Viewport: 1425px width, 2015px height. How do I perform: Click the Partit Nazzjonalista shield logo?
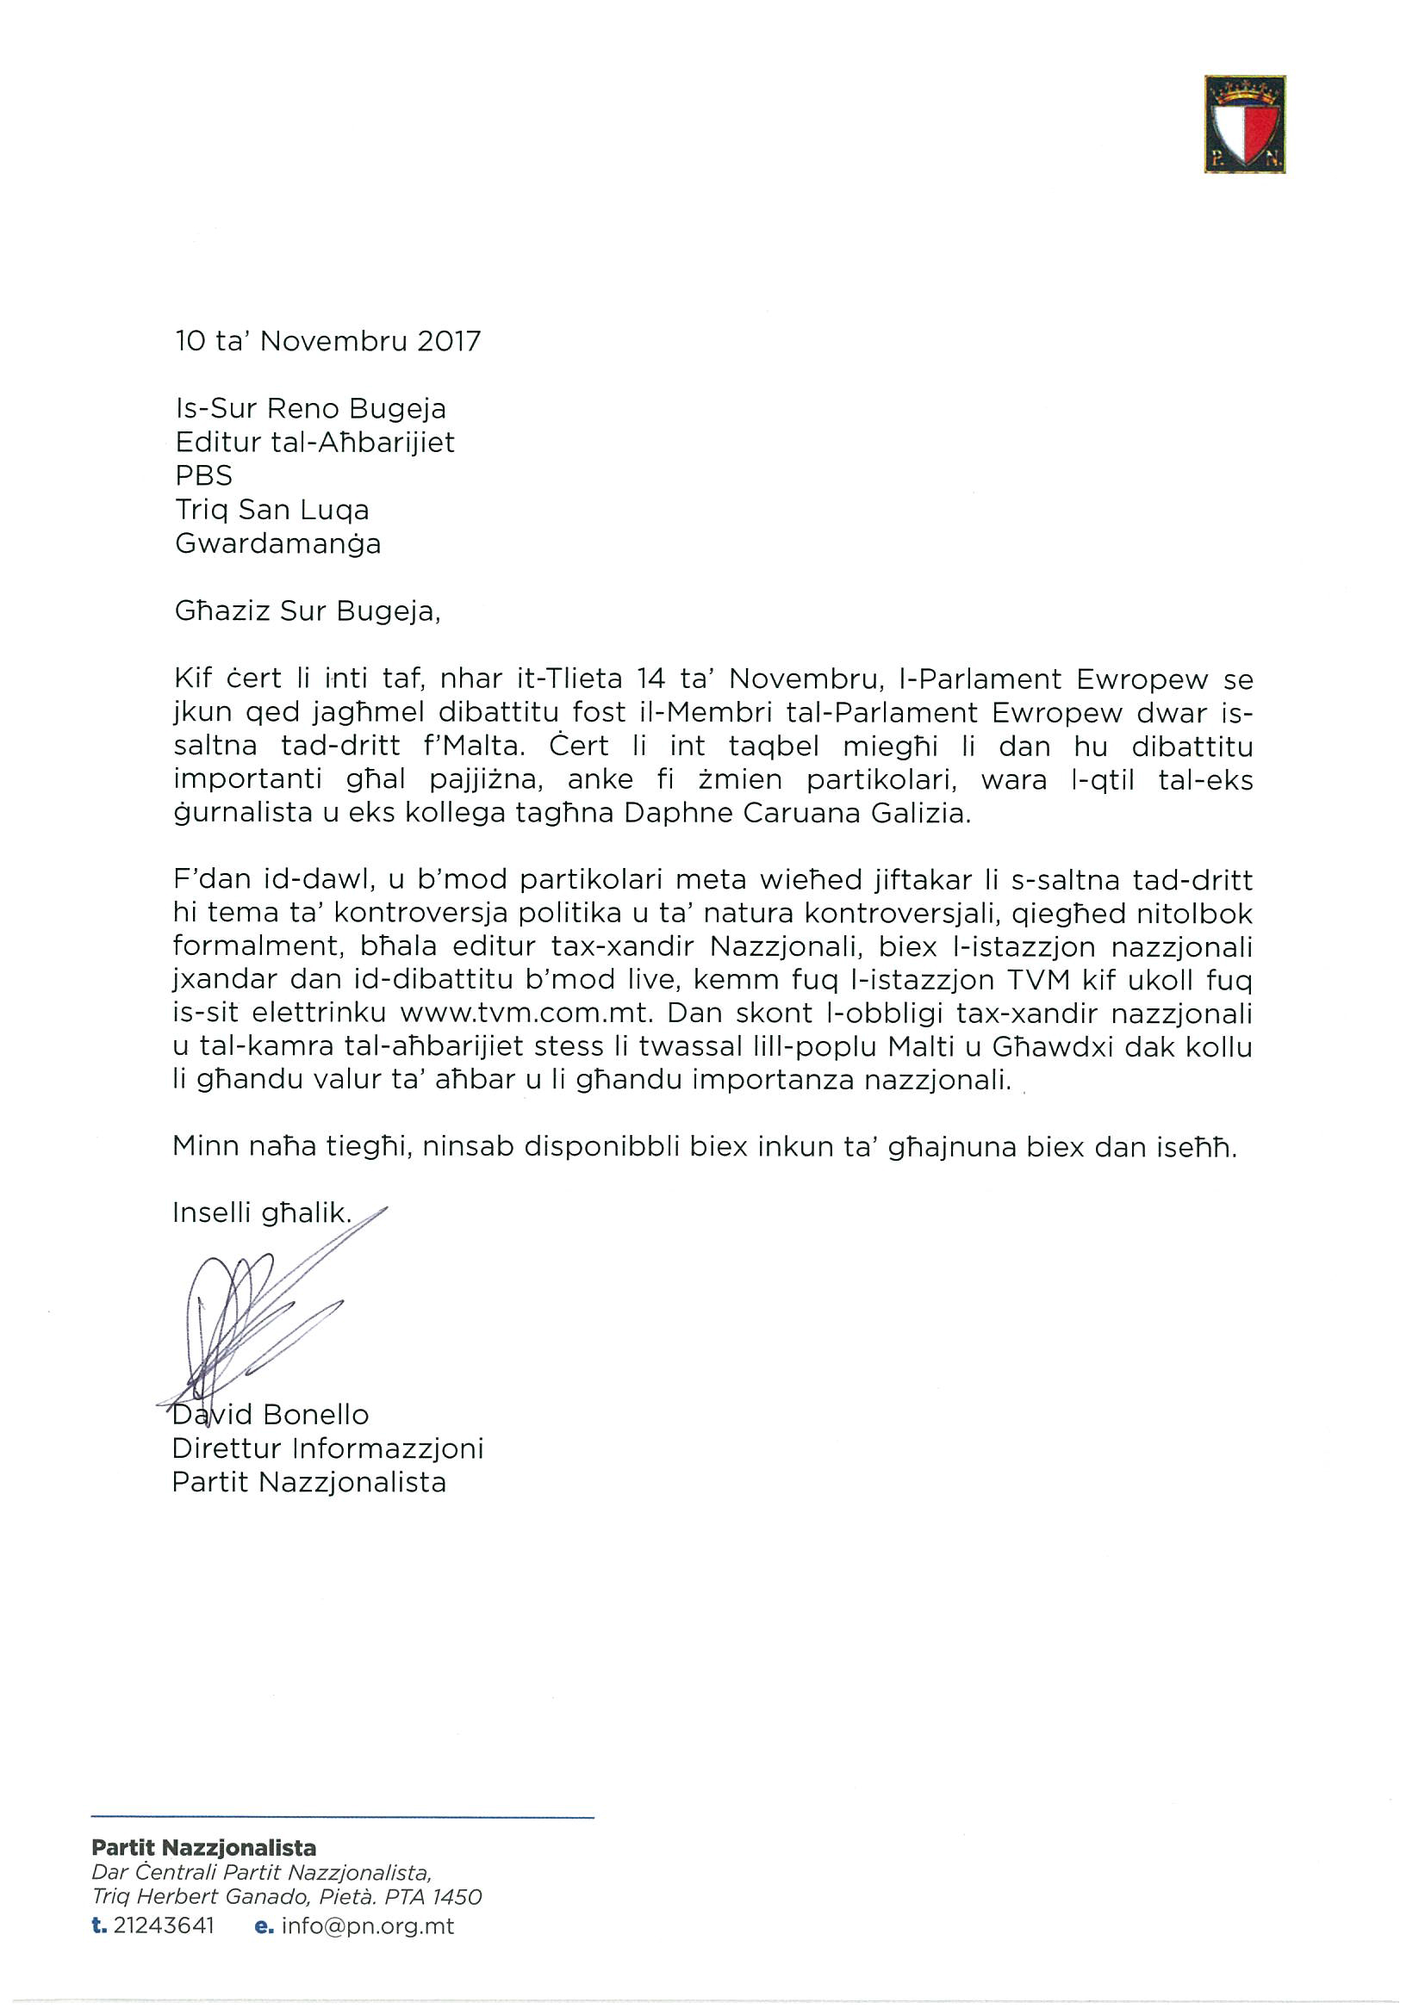pyautogui.click(x=1244, y=124)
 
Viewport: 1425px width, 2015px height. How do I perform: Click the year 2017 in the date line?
pyautogui.click(x=449, y=341)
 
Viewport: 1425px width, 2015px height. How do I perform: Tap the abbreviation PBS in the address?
pyautogui.click(x=203, y=475)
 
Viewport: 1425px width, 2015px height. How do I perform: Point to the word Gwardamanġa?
pyautogui.click(x=278, y=544)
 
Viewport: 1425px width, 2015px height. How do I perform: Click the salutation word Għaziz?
pyautogui.click(x=223, y=611)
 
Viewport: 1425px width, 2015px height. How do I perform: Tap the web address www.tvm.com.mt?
pyautogui.click(x=526, y=1014)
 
